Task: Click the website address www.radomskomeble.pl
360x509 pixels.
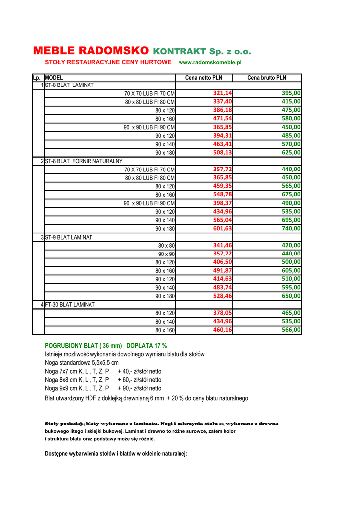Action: pos(210,63)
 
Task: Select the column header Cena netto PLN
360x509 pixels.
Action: pos(204,78)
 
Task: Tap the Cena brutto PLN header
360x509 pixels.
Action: pos(267,78)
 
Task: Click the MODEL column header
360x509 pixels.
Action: pos(54,78)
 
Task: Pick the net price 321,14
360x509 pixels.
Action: pos(223,93)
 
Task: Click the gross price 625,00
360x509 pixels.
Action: pos(291,152)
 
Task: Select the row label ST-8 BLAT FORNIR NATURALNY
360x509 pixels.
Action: pos(84,161)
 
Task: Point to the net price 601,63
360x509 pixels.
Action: pos(223,228)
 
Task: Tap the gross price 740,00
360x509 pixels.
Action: pos(291,228)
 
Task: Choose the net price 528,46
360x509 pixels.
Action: pos(223,296)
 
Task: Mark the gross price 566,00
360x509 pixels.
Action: pos(291,330)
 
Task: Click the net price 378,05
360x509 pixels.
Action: pos(223,313)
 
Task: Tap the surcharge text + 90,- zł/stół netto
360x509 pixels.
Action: pos(140,388)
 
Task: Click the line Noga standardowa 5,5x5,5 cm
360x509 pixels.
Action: pos(82,363)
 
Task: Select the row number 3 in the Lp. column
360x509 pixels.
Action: pos(42,237)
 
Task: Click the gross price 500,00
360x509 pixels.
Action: pos(291,262)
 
